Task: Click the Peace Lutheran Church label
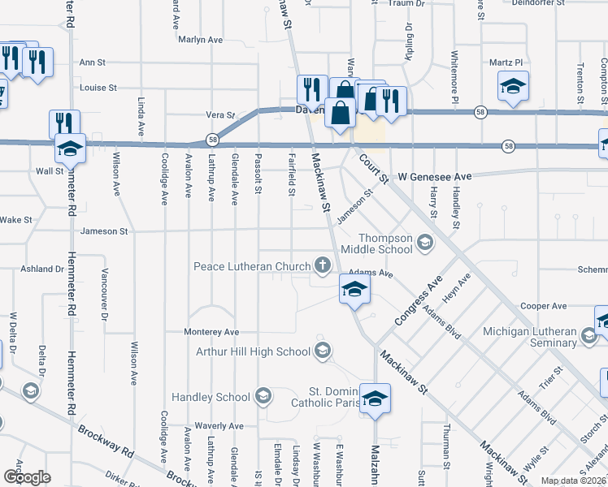click(252, 266)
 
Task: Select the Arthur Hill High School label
click(254, 351)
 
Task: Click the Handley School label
click(211, 397)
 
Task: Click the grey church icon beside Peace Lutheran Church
click(323, 265)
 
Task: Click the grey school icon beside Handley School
click(262, 397)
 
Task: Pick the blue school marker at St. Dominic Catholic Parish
click(375, 399)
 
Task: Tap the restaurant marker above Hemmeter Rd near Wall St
click(64, 124)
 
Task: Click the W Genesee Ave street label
click(435, 176)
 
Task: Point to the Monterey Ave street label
click(211, 332)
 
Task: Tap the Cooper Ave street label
click(543, 306)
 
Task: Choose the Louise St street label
click(98, 88)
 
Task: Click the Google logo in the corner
click(27, 476)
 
